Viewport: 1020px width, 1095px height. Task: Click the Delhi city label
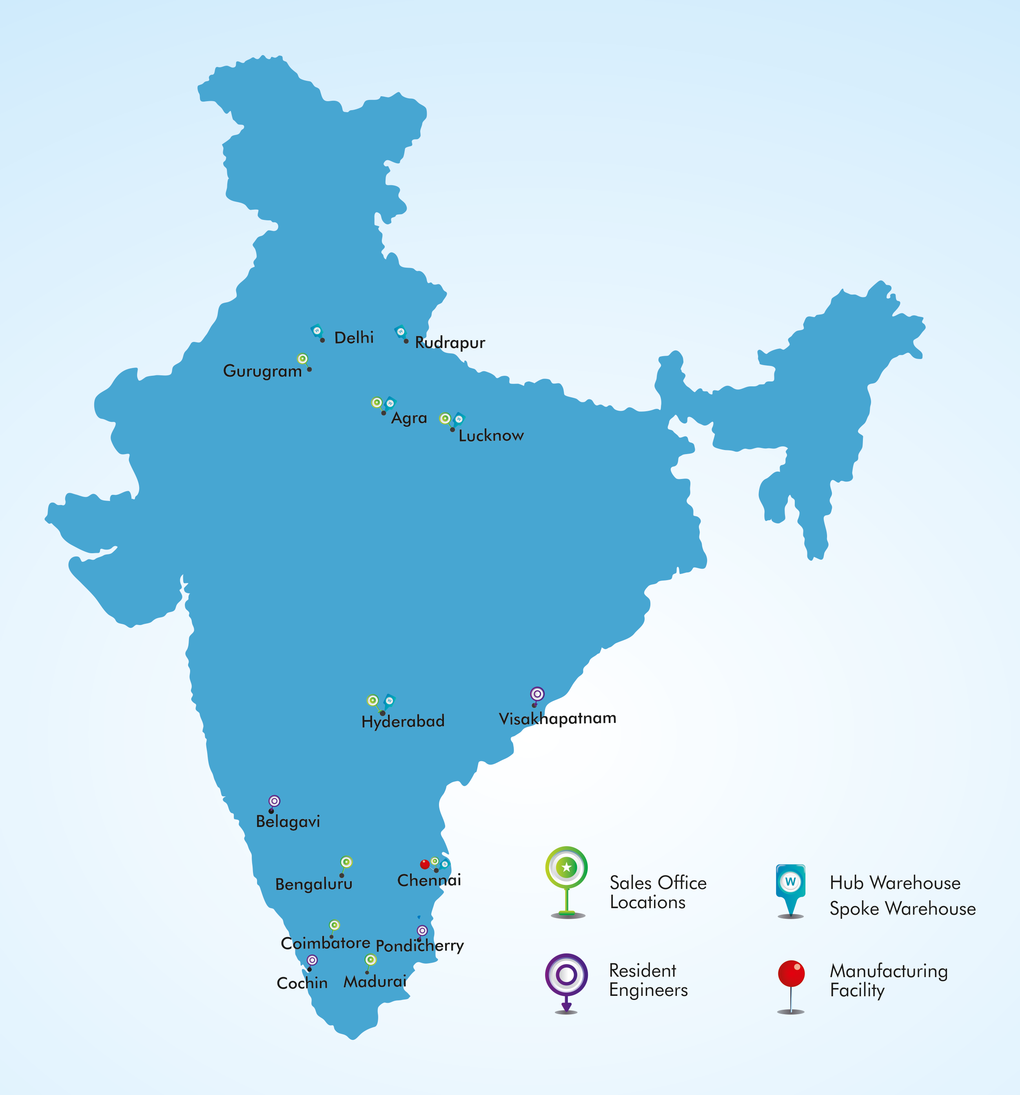pyautogui.click(x=354, y=338)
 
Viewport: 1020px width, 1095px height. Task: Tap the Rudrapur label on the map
pyautogui.click(x=450, y=343)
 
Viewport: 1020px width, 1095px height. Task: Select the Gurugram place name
pyautogui.click(x=262, y=371)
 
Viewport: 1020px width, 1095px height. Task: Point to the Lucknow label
pyautogui.click(x=491, y=436)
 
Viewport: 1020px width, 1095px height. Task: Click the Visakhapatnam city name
pyautogui.click(x=557, y=718)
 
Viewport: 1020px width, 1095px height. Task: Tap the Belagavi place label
pyautogui.click(x=288, y=822)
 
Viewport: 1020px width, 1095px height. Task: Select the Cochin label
pyautogui.click(x=302, y=983)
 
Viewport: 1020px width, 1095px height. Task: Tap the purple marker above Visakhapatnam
pyautogui.click(x=537, y=694)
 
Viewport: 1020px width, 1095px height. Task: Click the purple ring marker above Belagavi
pyautogui.click(x=274, y=801)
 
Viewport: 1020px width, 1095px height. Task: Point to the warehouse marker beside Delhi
pyautogui.click(x=317, y=331)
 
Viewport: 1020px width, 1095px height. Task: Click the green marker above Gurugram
pyautogui.click(x=302, y=359)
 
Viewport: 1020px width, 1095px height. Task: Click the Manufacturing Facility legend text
pyautogui.click(x=888, y=980)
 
